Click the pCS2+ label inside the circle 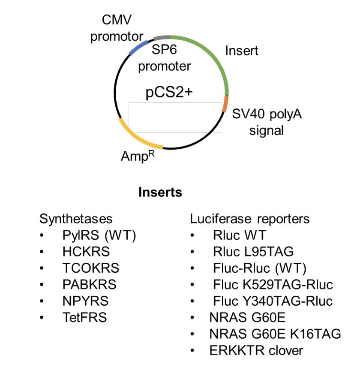coord(168,93)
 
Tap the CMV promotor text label coord(117,28)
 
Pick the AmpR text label coord(138,156)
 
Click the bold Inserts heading coord(160,193)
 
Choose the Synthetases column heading coord(76,219)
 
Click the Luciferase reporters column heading coord(249,219)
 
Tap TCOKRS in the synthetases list coord(90,268)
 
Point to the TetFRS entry coord(84,318)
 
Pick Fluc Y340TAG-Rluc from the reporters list coord(273,301)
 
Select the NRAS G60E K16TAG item coord(275,334)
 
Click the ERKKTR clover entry coord(256,350)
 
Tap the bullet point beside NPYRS coord(42,301)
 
